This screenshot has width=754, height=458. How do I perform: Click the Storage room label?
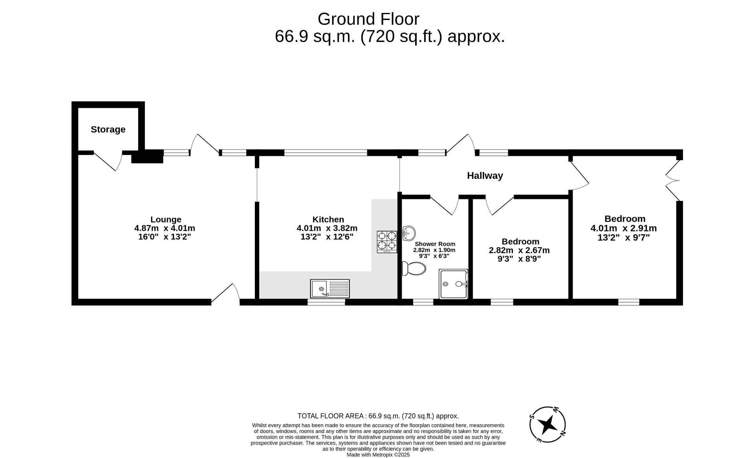click(x=108, y=130)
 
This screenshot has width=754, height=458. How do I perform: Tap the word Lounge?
click(x=166, y=219)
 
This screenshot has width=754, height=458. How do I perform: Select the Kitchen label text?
click(x=328, y=219)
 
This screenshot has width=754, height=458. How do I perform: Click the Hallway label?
click(x=485, y=176)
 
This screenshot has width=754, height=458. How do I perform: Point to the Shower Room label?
click(x=435, y=244)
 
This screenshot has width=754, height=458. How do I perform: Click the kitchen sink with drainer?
click(x=329, y=288)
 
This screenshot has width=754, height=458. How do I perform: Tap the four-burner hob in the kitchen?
click(x=387, y=241)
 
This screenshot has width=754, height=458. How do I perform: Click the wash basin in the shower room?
click(x=409, y=233)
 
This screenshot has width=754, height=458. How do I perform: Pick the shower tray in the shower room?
click(x=453, y=284)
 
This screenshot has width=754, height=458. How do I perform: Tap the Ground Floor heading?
click(x=368, y=19)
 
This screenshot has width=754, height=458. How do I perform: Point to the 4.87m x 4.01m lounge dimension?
click(x=165, y=228)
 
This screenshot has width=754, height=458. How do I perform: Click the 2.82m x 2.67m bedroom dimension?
click(x=519, y=250)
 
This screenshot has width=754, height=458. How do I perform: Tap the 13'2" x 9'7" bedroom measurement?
click(x=623, y=237)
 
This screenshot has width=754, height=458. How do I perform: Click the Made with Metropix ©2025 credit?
click(x=378, y=454)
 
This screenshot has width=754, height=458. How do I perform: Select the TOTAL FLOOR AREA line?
click(x=378, y=416)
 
